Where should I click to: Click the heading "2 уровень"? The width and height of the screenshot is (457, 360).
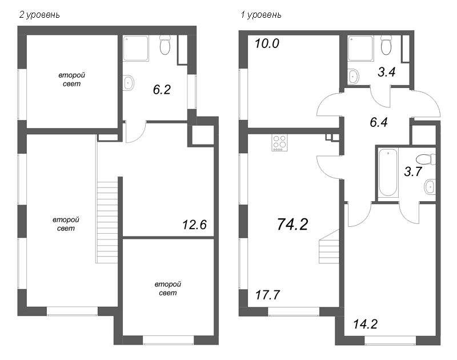39,15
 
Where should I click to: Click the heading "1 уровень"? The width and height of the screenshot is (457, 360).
261,15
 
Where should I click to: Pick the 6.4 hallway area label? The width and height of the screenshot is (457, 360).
379,121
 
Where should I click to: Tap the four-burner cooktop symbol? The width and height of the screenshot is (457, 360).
280,142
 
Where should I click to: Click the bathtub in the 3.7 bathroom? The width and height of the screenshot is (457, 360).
388,173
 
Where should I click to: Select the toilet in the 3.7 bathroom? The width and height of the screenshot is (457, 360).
424,159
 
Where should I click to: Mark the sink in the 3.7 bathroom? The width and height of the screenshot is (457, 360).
430,186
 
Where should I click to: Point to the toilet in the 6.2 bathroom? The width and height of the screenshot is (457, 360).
166,45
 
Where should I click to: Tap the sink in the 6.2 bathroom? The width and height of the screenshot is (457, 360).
128,83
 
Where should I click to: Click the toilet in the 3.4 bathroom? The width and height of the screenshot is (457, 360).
386,45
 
